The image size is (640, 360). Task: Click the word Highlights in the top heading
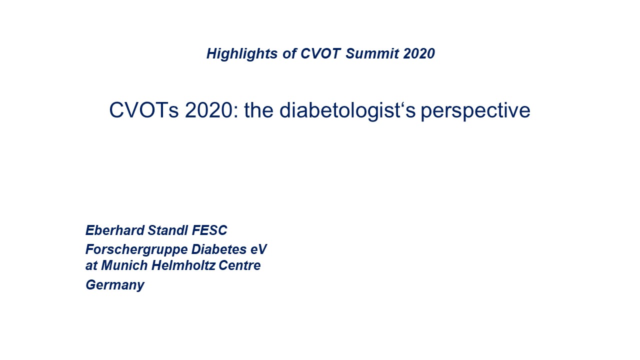242,53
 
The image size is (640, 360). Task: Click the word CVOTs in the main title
144,110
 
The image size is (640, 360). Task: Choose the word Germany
115,285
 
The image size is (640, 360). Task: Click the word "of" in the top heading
289,53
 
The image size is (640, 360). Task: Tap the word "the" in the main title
259,110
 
